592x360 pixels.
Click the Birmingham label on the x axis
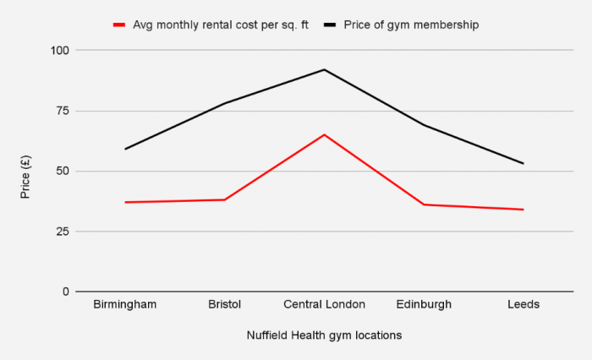coord(125,304)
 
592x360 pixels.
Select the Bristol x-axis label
coord(224,304)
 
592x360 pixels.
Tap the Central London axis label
coord(324,304)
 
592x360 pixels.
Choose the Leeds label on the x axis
coord(523,304)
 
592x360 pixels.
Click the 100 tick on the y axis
coord(59,51)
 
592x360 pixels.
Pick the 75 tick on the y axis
coord(62,111)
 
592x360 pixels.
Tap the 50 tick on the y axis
coord(62,171)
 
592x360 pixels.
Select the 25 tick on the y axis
coord(62,232)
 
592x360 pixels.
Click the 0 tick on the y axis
coord(65,292)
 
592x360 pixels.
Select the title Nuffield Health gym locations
coord(324,335)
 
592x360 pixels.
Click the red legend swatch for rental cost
coord(119,25)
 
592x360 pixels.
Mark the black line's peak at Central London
coord(324,69)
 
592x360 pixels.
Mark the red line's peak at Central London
coord(324,134)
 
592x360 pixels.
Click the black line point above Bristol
coord(224,103)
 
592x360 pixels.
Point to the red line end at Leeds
coord(523,210)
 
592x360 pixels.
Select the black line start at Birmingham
coord(125,149)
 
